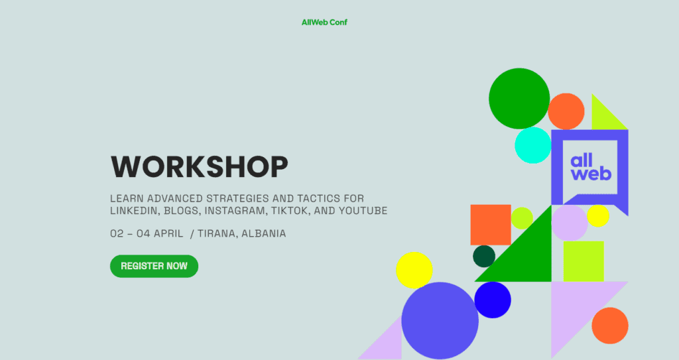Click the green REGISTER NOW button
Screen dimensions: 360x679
pyautogui.click(x=154, y=266)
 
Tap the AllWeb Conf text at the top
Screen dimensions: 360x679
pyautogui.click(x=324, y=22)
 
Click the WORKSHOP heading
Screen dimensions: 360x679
pyautogui.click(x=199, y=166)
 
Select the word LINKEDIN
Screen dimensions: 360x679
pyautogui.click(x=133, y=211)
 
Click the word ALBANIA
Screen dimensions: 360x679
pyautogui.click(x=264, y=233)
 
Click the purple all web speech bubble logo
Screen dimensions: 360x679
pyautogui.click(x=589, y=167)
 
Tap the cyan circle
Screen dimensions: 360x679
pyautogui.click(x=533, y=145)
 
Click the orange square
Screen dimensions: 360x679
pyautogui.click(x=491, y=224)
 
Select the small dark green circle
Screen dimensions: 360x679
pyautogui.click(x=484, y=256)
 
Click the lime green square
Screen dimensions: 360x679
pyautogui.click(x=584, y=261)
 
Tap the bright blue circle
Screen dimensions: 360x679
pyautogui.click(x=493, y=300)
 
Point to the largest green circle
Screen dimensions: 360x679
pyautogui.click(x=519, y=98)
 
